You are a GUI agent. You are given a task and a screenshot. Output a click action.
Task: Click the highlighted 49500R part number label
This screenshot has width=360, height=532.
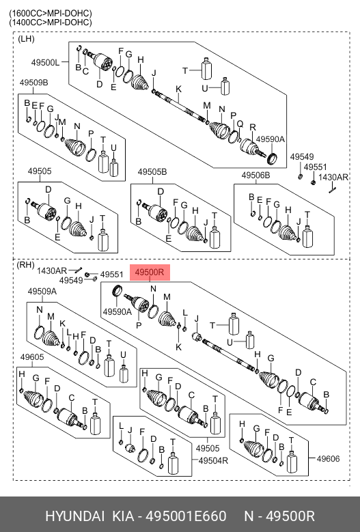(x=150, y=272)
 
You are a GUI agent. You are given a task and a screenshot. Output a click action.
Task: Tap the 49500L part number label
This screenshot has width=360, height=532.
(x=45, y=62)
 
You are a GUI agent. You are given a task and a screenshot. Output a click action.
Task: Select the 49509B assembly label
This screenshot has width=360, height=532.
(x=33, y=83)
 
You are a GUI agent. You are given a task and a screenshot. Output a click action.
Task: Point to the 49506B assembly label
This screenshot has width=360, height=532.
(x=255, y=175)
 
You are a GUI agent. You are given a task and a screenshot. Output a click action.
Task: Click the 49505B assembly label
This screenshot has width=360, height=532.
(x=152, y=171)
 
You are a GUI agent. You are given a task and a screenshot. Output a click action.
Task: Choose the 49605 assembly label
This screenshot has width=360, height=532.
(x=32, y=357)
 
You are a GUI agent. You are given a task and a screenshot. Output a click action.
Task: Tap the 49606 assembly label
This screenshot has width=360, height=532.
(x=328, y=459)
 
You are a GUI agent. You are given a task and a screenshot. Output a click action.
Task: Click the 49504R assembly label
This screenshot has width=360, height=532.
(x=213, y=460)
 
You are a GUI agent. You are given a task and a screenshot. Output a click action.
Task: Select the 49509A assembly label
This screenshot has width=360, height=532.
(x=42, y=292)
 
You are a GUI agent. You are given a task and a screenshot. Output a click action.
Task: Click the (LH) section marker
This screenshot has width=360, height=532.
(x=26, y=39)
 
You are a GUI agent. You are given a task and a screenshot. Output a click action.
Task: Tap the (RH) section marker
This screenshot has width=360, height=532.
(x=25, y=265)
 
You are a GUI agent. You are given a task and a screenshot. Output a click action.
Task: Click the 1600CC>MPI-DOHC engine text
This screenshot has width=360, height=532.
(x=51, y=13)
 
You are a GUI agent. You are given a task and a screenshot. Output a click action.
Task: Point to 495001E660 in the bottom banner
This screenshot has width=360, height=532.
(x=186, y=516)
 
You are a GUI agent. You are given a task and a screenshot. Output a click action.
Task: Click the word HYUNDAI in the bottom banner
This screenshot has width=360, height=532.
(x=74, y=516)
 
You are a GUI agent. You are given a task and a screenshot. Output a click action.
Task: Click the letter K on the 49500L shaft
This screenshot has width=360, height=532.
(x=178, y=89)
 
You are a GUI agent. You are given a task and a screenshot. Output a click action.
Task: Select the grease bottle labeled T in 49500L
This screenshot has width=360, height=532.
(x=206, y=68)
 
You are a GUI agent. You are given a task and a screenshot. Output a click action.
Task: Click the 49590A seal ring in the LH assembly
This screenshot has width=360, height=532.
(x=272, y=158)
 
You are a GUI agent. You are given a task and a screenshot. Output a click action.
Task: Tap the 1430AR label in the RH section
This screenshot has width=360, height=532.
(x=52, y=270)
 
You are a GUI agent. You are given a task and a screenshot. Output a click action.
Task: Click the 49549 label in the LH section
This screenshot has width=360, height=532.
(x=302, y=157)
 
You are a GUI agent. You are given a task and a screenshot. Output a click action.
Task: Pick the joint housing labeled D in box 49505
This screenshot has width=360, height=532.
(x=47, y=210)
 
